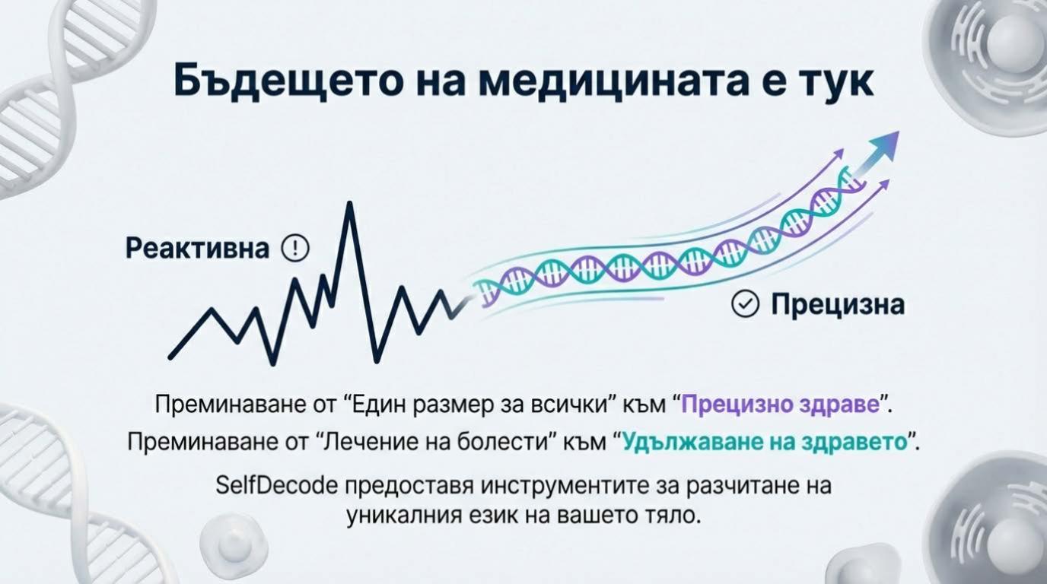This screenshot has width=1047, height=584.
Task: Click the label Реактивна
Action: click(x=198, y=249)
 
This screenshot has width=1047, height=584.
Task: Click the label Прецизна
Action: click(x=837, y=304)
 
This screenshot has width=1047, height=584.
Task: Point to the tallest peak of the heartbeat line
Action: click(x=350, y=204)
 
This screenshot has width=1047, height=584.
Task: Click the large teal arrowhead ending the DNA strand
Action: click(x=883, y=144)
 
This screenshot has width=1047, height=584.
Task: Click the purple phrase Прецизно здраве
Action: click(x=780, y=404)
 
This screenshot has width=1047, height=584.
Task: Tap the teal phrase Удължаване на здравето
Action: click(x=766, y=442)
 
